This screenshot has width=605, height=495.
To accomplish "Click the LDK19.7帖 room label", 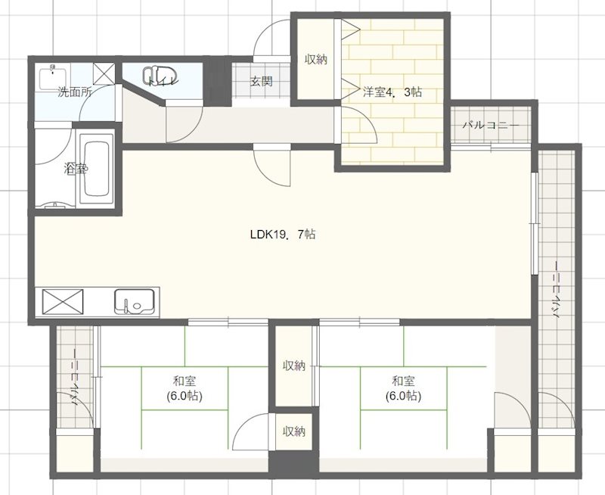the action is pyautogui.click(x=283, y=235).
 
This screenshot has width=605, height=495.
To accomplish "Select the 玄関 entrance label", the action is pyautogui.click(x=262, y=82).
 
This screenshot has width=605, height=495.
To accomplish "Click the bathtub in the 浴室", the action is pyautogui.click(x=97, y=169).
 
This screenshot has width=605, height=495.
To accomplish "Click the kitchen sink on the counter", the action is pyautogui.click(x=135, y=301).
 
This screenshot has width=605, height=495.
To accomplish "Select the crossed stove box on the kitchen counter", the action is pyautogui.click(x=63, y=301).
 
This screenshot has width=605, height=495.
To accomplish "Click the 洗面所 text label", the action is pyautogui.click(x=75, y=92).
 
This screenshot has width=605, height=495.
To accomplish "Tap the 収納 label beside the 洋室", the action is pyautogui.click(x=316, y=60).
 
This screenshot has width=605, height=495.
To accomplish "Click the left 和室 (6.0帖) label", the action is pyautogui.click(x=185, y=388).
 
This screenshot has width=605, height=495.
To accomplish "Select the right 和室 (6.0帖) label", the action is pyautogui.click(x=403, y=388).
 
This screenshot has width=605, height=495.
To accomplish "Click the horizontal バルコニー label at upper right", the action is pyautogui.click(x=491, y=126).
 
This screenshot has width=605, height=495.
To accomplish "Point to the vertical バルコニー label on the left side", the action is pyautogui.click(x=76, y=377).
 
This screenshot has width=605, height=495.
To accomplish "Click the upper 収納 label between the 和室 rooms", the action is pyautogui.click(x=294, y=366).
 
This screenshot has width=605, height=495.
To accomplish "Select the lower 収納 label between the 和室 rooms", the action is pyautogui.click(x=294, y=431).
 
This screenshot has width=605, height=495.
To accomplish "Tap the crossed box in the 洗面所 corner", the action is pyautogui.click(x=104, y=73).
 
